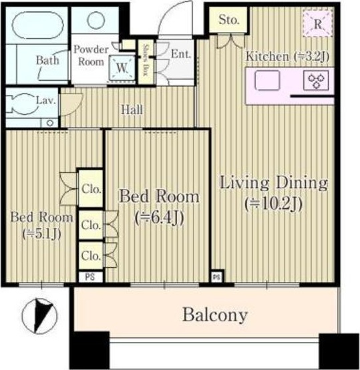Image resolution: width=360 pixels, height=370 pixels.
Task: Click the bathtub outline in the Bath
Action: point(38,14)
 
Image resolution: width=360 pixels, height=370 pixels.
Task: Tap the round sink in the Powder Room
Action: point(96,20)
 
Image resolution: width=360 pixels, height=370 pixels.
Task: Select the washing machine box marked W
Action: point(122,67)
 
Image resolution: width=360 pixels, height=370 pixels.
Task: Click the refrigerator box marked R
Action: point(318,24)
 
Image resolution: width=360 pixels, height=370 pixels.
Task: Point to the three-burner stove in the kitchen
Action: point(316,80)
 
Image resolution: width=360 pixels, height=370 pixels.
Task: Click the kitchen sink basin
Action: point(267,80)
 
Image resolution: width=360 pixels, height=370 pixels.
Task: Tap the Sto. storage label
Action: point(228,20)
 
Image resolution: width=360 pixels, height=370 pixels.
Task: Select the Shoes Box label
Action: point(145,60)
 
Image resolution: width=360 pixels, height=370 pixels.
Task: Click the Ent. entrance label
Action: point(181,54)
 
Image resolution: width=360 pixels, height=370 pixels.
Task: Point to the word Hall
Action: point(132,110)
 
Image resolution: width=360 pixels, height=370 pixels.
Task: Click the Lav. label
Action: point(46,101)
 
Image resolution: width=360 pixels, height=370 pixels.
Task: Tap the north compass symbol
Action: point(39,316)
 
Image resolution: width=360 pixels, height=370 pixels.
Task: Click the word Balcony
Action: point(215,315)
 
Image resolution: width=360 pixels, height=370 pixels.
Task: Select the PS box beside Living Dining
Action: point(216,276)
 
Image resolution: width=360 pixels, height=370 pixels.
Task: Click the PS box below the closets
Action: point(90,276)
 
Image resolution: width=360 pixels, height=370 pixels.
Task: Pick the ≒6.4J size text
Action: point(160,218)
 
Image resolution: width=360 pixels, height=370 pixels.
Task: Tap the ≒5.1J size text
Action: point(41,234)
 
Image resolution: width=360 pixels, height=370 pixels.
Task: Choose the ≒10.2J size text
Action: point(274,204)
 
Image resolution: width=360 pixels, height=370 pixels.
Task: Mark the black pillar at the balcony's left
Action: point(89,350)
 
